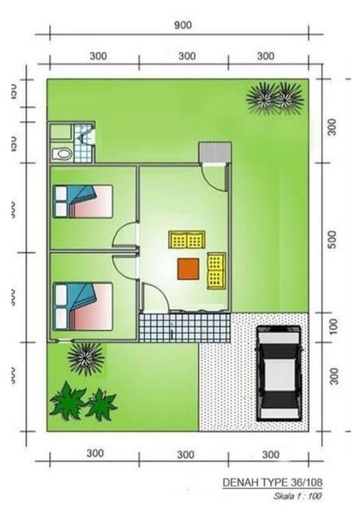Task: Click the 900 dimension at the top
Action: (x=183, y=24)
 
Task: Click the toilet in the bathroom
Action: (x=63, y=153)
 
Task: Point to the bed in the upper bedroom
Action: (x=84, y=201)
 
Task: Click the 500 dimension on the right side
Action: (x=333, y=240)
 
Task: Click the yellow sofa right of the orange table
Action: (x=215, y=271)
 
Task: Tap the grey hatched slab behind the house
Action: (x=215, y=153)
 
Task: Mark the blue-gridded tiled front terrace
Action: (x=184, y=327)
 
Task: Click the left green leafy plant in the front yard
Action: (x=68, y=401)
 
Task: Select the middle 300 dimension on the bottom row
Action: (x=186, y=454)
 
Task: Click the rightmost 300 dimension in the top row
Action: (x=266, y=55)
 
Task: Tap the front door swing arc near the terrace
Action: (x=152, y=296)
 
